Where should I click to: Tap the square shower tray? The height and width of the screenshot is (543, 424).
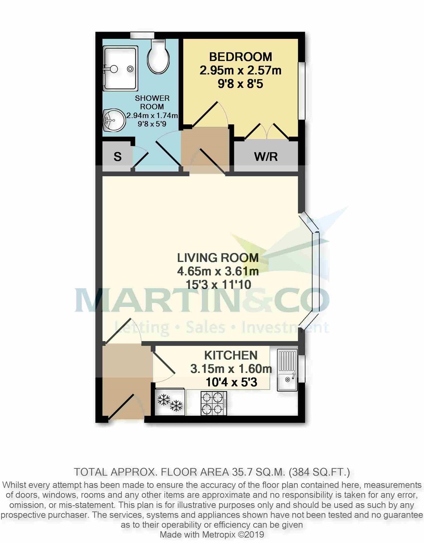click(119, 68)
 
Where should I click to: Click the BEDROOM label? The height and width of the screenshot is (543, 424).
click(240, 57)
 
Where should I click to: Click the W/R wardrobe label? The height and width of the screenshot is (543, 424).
click(266, 157)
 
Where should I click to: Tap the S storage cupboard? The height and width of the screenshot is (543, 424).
click(118, 157)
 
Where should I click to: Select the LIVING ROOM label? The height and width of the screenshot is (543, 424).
click(218, 258)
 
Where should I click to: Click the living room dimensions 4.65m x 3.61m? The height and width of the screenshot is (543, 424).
click(218, 271)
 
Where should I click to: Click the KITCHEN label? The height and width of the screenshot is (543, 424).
click(231, 355)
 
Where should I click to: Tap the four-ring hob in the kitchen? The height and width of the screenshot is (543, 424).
click(214, 403)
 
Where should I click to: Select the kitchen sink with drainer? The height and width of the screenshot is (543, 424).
click(287, 370)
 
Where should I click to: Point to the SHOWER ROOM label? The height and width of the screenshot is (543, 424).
click(152, 102)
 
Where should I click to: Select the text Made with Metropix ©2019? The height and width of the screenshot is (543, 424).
click(212, 534)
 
